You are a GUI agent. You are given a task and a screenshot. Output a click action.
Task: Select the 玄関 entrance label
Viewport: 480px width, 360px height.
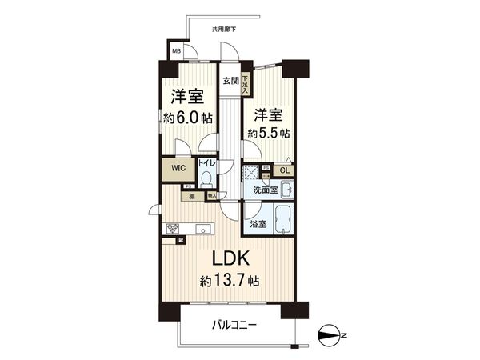[230, 80]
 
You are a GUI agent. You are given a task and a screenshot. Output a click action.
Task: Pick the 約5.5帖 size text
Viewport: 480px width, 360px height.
[268, 131]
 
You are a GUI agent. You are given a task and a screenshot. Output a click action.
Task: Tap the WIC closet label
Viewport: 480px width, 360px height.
[177, 169]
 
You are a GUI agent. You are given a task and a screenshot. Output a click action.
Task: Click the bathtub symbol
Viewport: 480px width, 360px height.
[281, 218]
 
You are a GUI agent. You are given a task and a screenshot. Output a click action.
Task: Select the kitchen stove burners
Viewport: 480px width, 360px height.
[174, 228]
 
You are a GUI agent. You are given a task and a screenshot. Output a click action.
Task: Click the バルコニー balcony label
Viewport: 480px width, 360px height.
[234, 325]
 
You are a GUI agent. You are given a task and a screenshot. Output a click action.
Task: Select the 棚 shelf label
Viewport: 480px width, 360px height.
[192, 196]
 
